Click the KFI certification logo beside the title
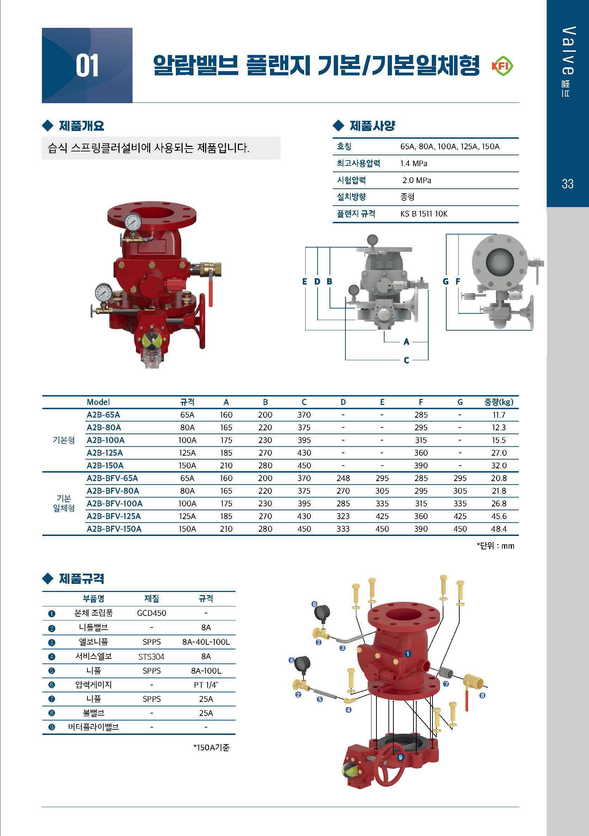coord(502,66)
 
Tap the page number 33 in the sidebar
coord(567,183)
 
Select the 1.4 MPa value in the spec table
coord(414,163)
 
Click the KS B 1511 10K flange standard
coord(424,214)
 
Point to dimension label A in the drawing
coord(406,342)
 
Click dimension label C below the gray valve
coord(406,360)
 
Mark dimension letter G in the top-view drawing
coord(446,281)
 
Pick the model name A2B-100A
coord(106,440)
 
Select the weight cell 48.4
coord(499,529)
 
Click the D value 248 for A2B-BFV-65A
coord(343,478)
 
